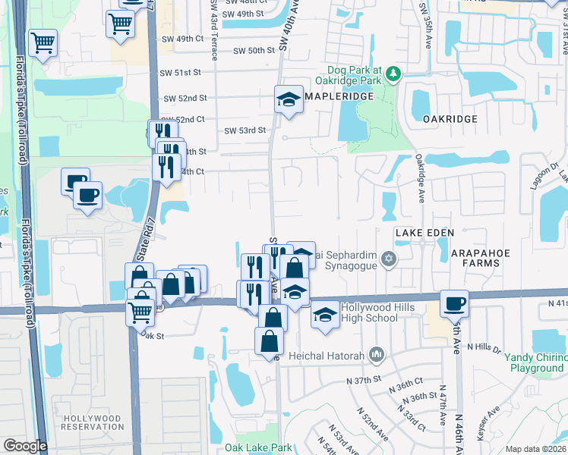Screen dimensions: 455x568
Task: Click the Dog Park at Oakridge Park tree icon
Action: pyautogui.click(x=393, y=74)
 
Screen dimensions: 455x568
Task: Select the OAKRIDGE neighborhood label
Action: pyautogui.click(x=450, y=119)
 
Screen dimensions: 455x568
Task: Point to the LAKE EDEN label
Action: pyautogui.click(x=424, y=232)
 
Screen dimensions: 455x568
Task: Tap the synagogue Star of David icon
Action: pyautogui.click(x=389, y=260)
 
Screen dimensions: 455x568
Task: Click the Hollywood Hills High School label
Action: pyautogui.click(x=369, y=312)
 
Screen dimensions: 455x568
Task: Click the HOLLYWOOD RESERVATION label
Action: pyautogui.click(x=93, y=422)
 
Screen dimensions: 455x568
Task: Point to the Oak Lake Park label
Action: pyautogui.click(x=263, y=448)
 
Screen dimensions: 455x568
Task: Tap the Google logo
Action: pyautogui.click(x=24, y=446)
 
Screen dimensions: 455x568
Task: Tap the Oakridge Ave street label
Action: pyautogui.click(x=419, y=178)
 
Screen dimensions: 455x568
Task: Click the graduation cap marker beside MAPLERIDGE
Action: pyautogui.click(x=289, y=100)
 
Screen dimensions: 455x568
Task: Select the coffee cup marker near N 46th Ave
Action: pyautogui.click(x=454, y=304)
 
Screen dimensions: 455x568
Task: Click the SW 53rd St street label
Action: pyautogui.click(x=245, y=130)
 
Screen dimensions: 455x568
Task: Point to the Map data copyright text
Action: pyautogui.click(x=535, y=449)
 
